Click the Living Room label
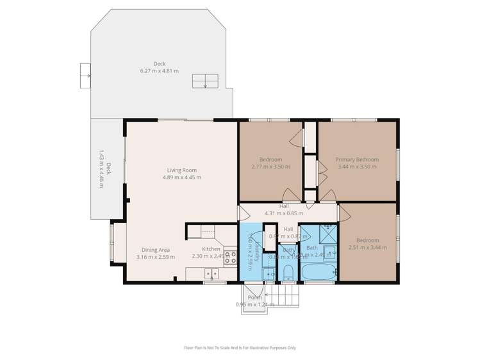tap(179, 170)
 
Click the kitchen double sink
tap(211, 274)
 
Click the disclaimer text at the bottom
tap(240, 348)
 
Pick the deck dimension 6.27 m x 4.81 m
tap(160, 70)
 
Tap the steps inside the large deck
tap(206, 81)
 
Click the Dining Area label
tap(156, 250)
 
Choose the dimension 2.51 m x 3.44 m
tap(367, 247)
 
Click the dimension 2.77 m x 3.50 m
tap(270, 167)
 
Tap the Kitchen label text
tap(211, 249)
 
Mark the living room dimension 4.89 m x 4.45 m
tap(179, 177)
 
